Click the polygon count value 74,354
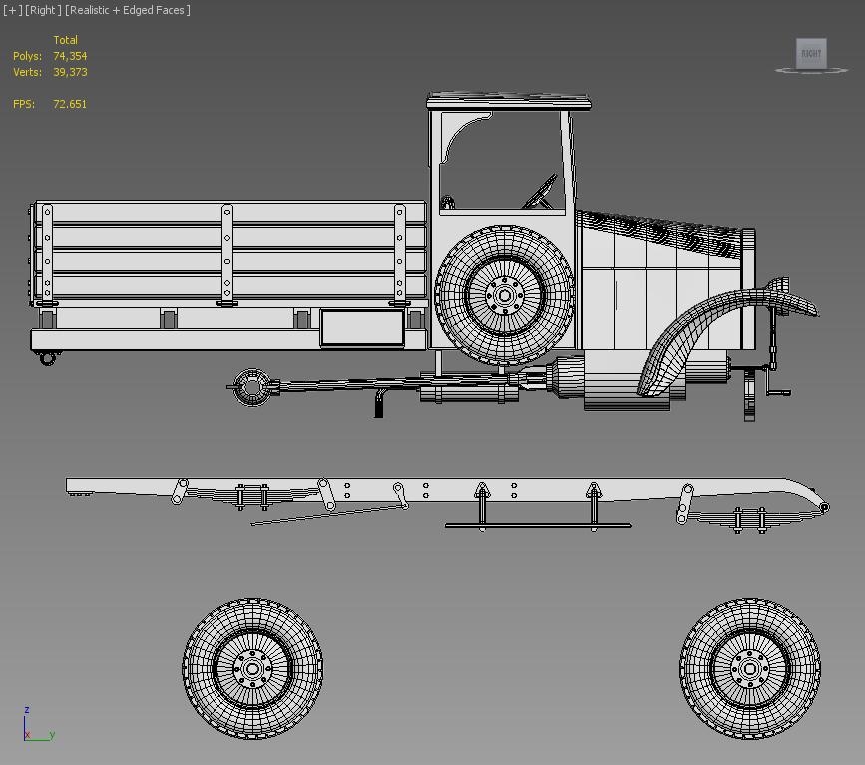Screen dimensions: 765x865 (70, 56)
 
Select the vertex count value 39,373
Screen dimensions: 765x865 (70, 72)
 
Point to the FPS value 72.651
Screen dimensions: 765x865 (70, 104)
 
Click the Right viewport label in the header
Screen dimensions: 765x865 (42, 10)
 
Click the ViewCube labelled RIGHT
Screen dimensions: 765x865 (811, 54)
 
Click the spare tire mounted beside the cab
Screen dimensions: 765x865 (504, 295)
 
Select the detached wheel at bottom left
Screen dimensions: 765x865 (252, 668)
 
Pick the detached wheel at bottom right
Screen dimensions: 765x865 (750, 668)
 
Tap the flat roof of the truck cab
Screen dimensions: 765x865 (509, 101)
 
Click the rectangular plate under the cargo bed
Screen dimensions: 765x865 (362, 328)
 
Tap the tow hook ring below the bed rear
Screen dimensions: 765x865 (47, 358)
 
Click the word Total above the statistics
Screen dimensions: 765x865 (65, 40)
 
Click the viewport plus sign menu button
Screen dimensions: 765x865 (12, 10)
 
